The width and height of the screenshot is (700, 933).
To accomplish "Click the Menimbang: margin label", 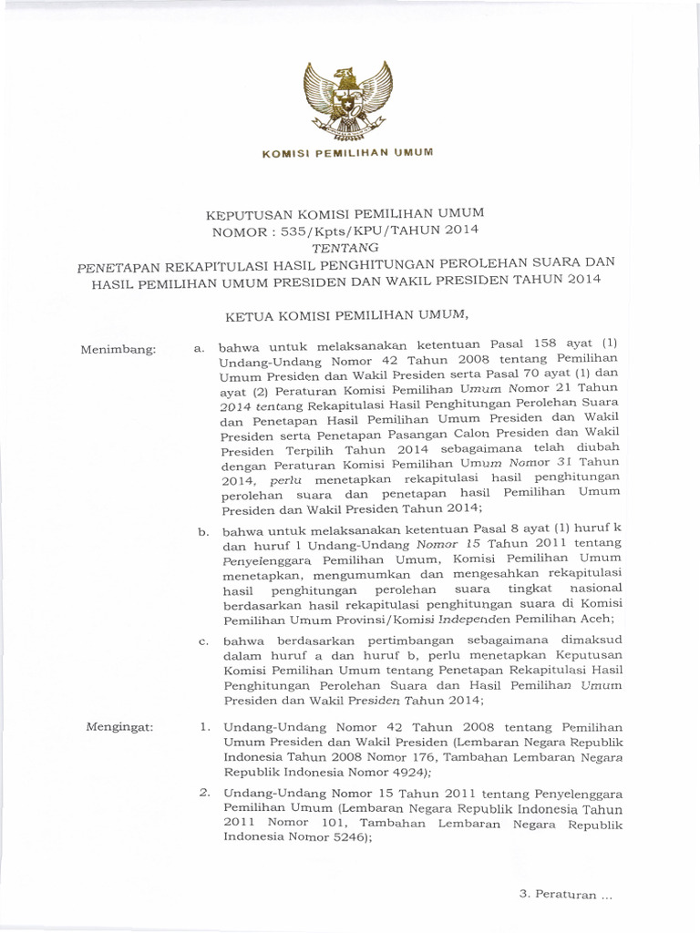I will click(x=118, y=349).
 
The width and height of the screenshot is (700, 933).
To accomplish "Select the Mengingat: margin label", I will click(x=119, y=726).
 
